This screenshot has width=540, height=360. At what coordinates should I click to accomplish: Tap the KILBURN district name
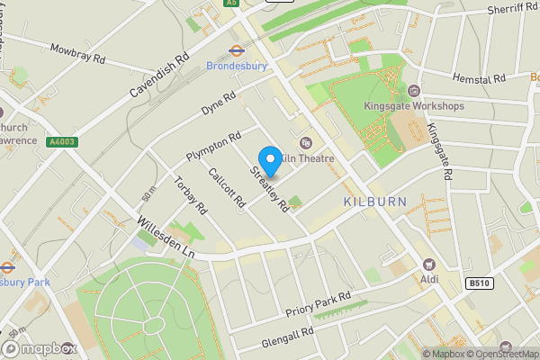tap(375, 201)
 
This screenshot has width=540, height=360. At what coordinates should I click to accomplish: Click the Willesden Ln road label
tap(166, 237)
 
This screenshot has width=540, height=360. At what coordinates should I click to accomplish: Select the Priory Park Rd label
tap(318, 305)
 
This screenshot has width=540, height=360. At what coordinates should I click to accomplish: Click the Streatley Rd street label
tap(271, 188)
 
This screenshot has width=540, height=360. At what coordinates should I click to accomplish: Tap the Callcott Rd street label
tap(226, 188)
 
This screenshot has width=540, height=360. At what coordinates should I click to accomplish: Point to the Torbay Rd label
tap(191, 194)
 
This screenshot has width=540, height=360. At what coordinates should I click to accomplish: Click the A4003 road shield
tap(63, 141)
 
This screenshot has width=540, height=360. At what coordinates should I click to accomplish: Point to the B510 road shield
tap(479, 283)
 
